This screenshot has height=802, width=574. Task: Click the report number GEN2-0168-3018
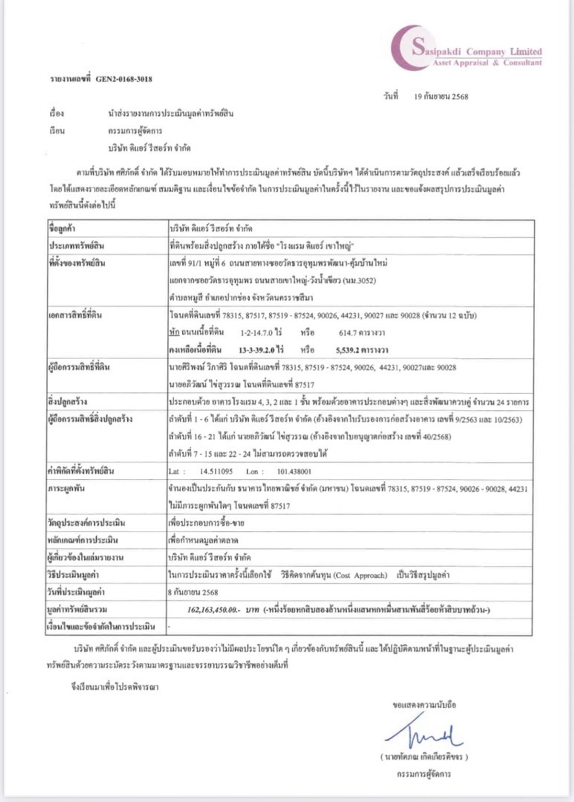124,79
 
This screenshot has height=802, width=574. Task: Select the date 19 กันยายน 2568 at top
441,97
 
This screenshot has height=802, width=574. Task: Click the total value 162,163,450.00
212,610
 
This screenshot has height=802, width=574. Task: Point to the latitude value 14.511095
216,472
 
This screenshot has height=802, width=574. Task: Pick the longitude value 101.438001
294,472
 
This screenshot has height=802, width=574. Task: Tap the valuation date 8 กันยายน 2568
193,593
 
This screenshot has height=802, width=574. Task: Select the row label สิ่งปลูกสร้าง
67,402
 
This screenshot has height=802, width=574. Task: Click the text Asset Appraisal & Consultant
487,63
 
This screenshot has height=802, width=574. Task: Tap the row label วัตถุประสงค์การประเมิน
87,523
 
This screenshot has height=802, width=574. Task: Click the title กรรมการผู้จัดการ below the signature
423,774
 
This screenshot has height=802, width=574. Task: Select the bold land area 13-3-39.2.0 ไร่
261,350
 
